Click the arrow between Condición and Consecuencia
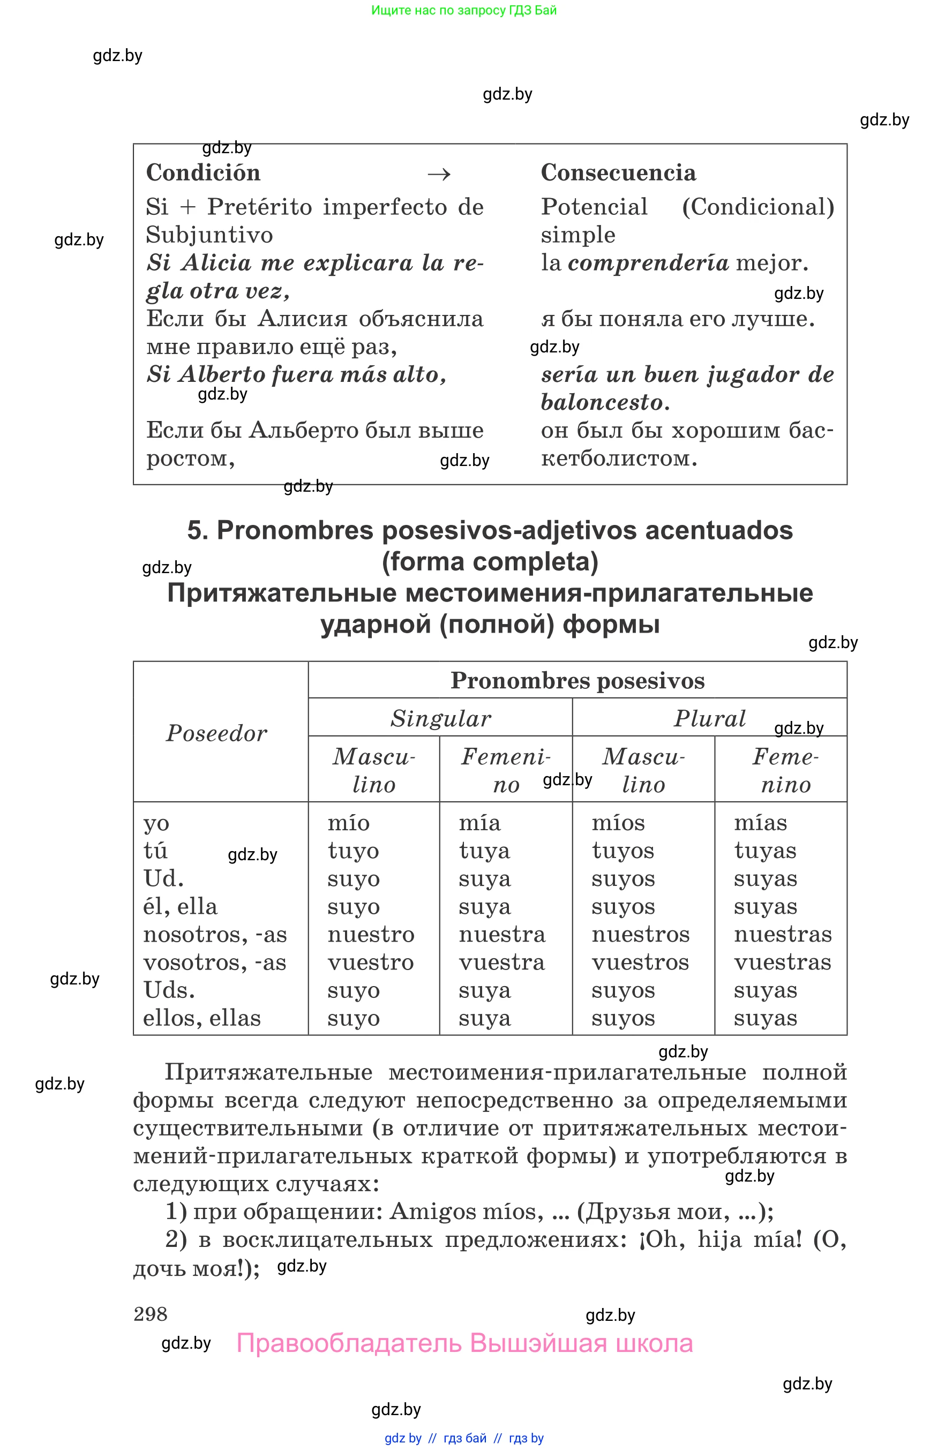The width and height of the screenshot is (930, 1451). point(439,175)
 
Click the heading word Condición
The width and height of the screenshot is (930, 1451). point(203,172)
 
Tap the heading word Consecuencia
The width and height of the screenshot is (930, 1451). point(618,172)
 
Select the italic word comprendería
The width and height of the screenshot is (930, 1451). point(648,262)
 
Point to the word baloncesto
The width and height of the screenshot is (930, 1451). point(602,402)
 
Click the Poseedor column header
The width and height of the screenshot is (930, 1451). point(216,733)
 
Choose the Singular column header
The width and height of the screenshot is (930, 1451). point(440,719)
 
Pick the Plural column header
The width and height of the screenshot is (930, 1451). point(710,719)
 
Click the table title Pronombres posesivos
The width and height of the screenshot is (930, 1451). point(577,681)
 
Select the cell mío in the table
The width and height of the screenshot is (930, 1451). point(348,823)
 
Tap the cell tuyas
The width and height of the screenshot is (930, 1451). point(764,851)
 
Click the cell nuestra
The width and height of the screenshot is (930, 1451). point(501,934)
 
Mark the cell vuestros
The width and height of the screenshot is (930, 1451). point(640,963)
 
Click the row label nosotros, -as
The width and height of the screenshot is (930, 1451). point(214,935)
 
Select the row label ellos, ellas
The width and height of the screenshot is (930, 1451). point(202,1018)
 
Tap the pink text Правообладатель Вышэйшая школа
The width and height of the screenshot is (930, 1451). point(464,1343)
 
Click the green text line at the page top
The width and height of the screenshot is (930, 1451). point(464,10)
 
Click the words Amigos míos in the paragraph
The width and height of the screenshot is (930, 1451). point(462,1212)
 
